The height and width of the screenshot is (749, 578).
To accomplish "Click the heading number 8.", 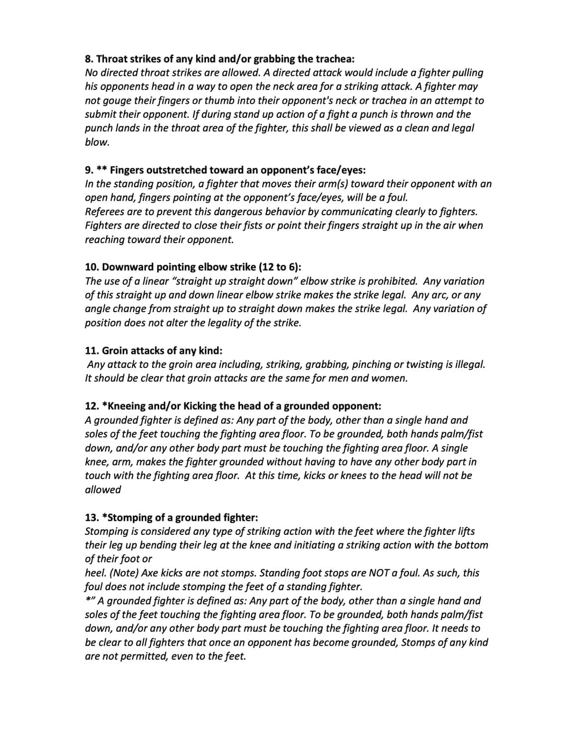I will pyautogui.click(x=89, y=59).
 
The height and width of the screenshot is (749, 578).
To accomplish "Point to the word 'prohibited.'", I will pyautogui.click(x=391, y=281).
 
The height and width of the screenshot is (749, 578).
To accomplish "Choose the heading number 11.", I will pyautogui.click(x=92, y=351).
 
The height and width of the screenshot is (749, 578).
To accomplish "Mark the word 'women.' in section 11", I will pyautogui.click(x=391, y=378).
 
